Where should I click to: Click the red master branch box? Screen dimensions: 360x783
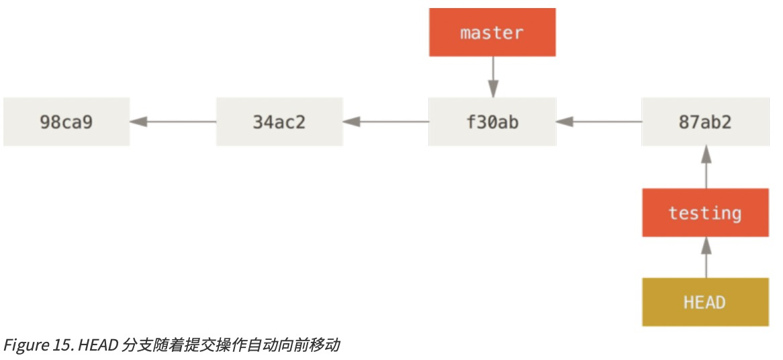click(492, 32)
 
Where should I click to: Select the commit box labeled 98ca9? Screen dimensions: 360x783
click(66, 122)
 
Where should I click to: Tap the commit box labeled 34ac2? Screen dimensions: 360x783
click(279, 122)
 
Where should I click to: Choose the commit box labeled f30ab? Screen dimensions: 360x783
click(492, 122)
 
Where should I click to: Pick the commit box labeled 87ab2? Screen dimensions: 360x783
click(705, 122)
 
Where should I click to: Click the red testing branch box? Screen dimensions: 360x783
click(705, 213)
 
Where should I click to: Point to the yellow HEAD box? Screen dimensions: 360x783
click(705, 302)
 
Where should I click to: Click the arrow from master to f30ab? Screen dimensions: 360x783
click(493, 77)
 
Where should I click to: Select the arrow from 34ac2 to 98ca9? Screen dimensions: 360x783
click(173, 122)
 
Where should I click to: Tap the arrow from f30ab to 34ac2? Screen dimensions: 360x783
click(385, 122)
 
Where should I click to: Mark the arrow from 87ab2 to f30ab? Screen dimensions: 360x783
click(598, 122)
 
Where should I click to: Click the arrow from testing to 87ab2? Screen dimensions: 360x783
click(705, 167)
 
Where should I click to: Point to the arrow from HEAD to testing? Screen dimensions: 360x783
click(705, 257)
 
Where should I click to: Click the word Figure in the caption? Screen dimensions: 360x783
click(22, 345)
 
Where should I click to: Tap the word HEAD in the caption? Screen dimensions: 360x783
click(95, 345)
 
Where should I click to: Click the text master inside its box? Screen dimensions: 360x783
click(492, 32)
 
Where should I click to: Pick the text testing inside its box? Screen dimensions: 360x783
click(705, 213)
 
